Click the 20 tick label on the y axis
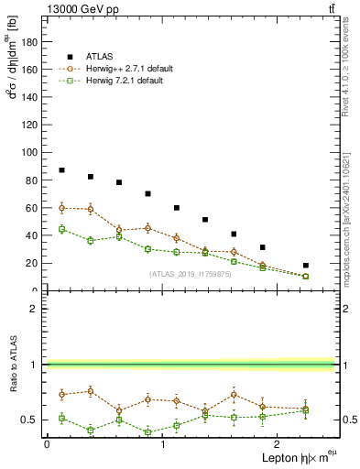37,263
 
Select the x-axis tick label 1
162,443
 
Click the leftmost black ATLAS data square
61,170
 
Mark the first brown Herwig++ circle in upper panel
61,208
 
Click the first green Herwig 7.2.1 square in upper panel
61,229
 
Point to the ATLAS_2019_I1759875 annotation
190,273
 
